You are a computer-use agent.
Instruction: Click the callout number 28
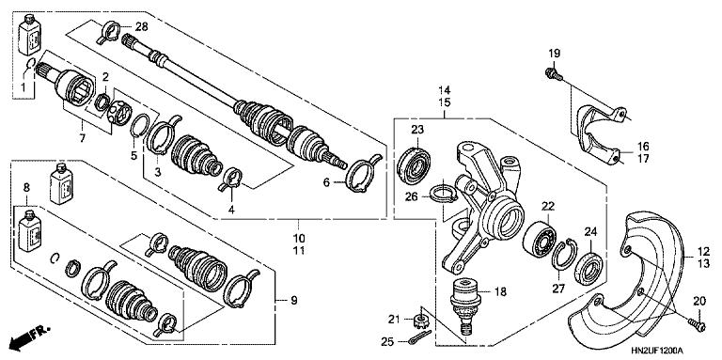coord(142,25)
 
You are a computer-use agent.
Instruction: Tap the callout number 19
coord(554,52)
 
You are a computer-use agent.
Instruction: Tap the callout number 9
coord(292,301)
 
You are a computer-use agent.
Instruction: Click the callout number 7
coord(82,139)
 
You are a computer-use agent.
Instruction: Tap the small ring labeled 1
coord(33,66)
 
